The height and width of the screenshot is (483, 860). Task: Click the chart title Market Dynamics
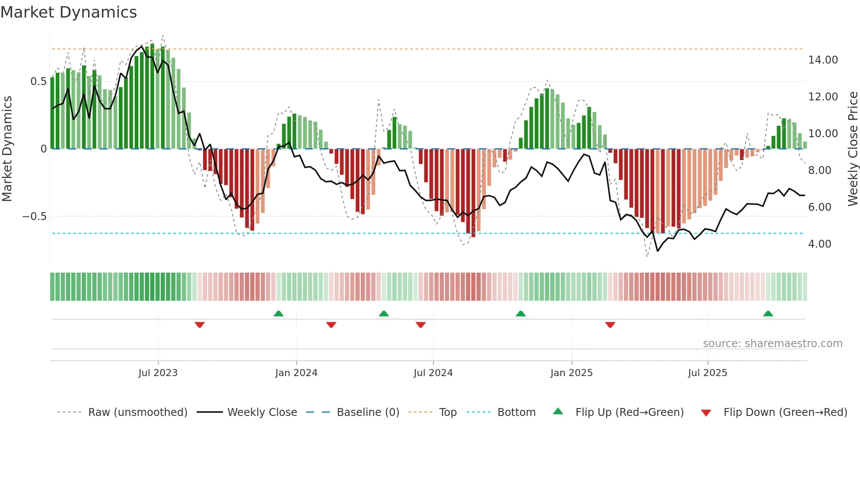coord(68,12)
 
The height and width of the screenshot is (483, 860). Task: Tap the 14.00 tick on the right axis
coord(823,60)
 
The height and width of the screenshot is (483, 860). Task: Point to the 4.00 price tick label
coord(819,244)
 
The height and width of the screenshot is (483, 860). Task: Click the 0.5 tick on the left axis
coord(38,82)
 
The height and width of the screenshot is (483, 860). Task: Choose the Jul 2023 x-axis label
coord(158,373)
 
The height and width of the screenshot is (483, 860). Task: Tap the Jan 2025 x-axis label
coord(571,373)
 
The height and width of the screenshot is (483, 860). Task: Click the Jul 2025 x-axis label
coord(707,373)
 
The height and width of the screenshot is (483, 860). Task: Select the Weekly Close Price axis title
coord(853,149)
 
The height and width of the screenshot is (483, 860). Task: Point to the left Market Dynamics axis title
coord(7,149)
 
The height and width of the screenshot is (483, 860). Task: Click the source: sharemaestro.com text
coord(772,344)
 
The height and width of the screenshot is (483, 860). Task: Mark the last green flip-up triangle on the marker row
coord(768,314)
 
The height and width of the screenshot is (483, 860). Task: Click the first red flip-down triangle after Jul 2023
coord(200,325)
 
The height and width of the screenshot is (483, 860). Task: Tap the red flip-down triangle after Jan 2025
coord(610,325)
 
